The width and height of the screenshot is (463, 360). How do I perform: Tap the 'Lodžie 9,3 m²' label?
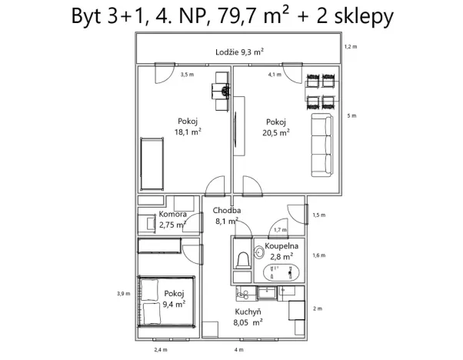click(239, 52)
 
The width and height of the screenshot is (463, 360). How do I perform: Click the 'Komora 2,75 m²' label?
click(172, 220)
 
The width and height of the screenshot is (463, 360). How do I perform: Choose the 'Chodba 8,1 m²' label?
click(227, 215)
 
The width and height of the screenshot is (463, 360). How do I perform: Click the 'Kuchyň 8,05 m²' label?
click(248, 318)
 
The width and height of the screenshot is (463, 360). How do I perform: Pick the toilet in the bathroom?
click(241, 260)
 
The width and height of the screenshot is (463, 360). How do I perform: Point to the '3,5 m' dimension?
click(187, 75)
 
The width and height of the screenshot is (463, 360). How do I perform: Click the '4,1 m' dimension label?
click(275, 75)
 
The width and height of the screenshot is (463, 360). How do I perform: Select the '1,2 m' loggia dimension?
click(351, 47)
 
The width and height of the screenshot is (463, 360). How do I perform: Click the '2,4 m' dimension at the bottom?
click(160, 350)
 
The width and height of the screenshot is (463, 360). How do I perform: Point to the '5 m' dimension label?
click(353, 116)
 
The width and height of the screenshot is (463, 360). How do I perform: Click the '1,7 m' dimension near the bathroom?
click(280, 230)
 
